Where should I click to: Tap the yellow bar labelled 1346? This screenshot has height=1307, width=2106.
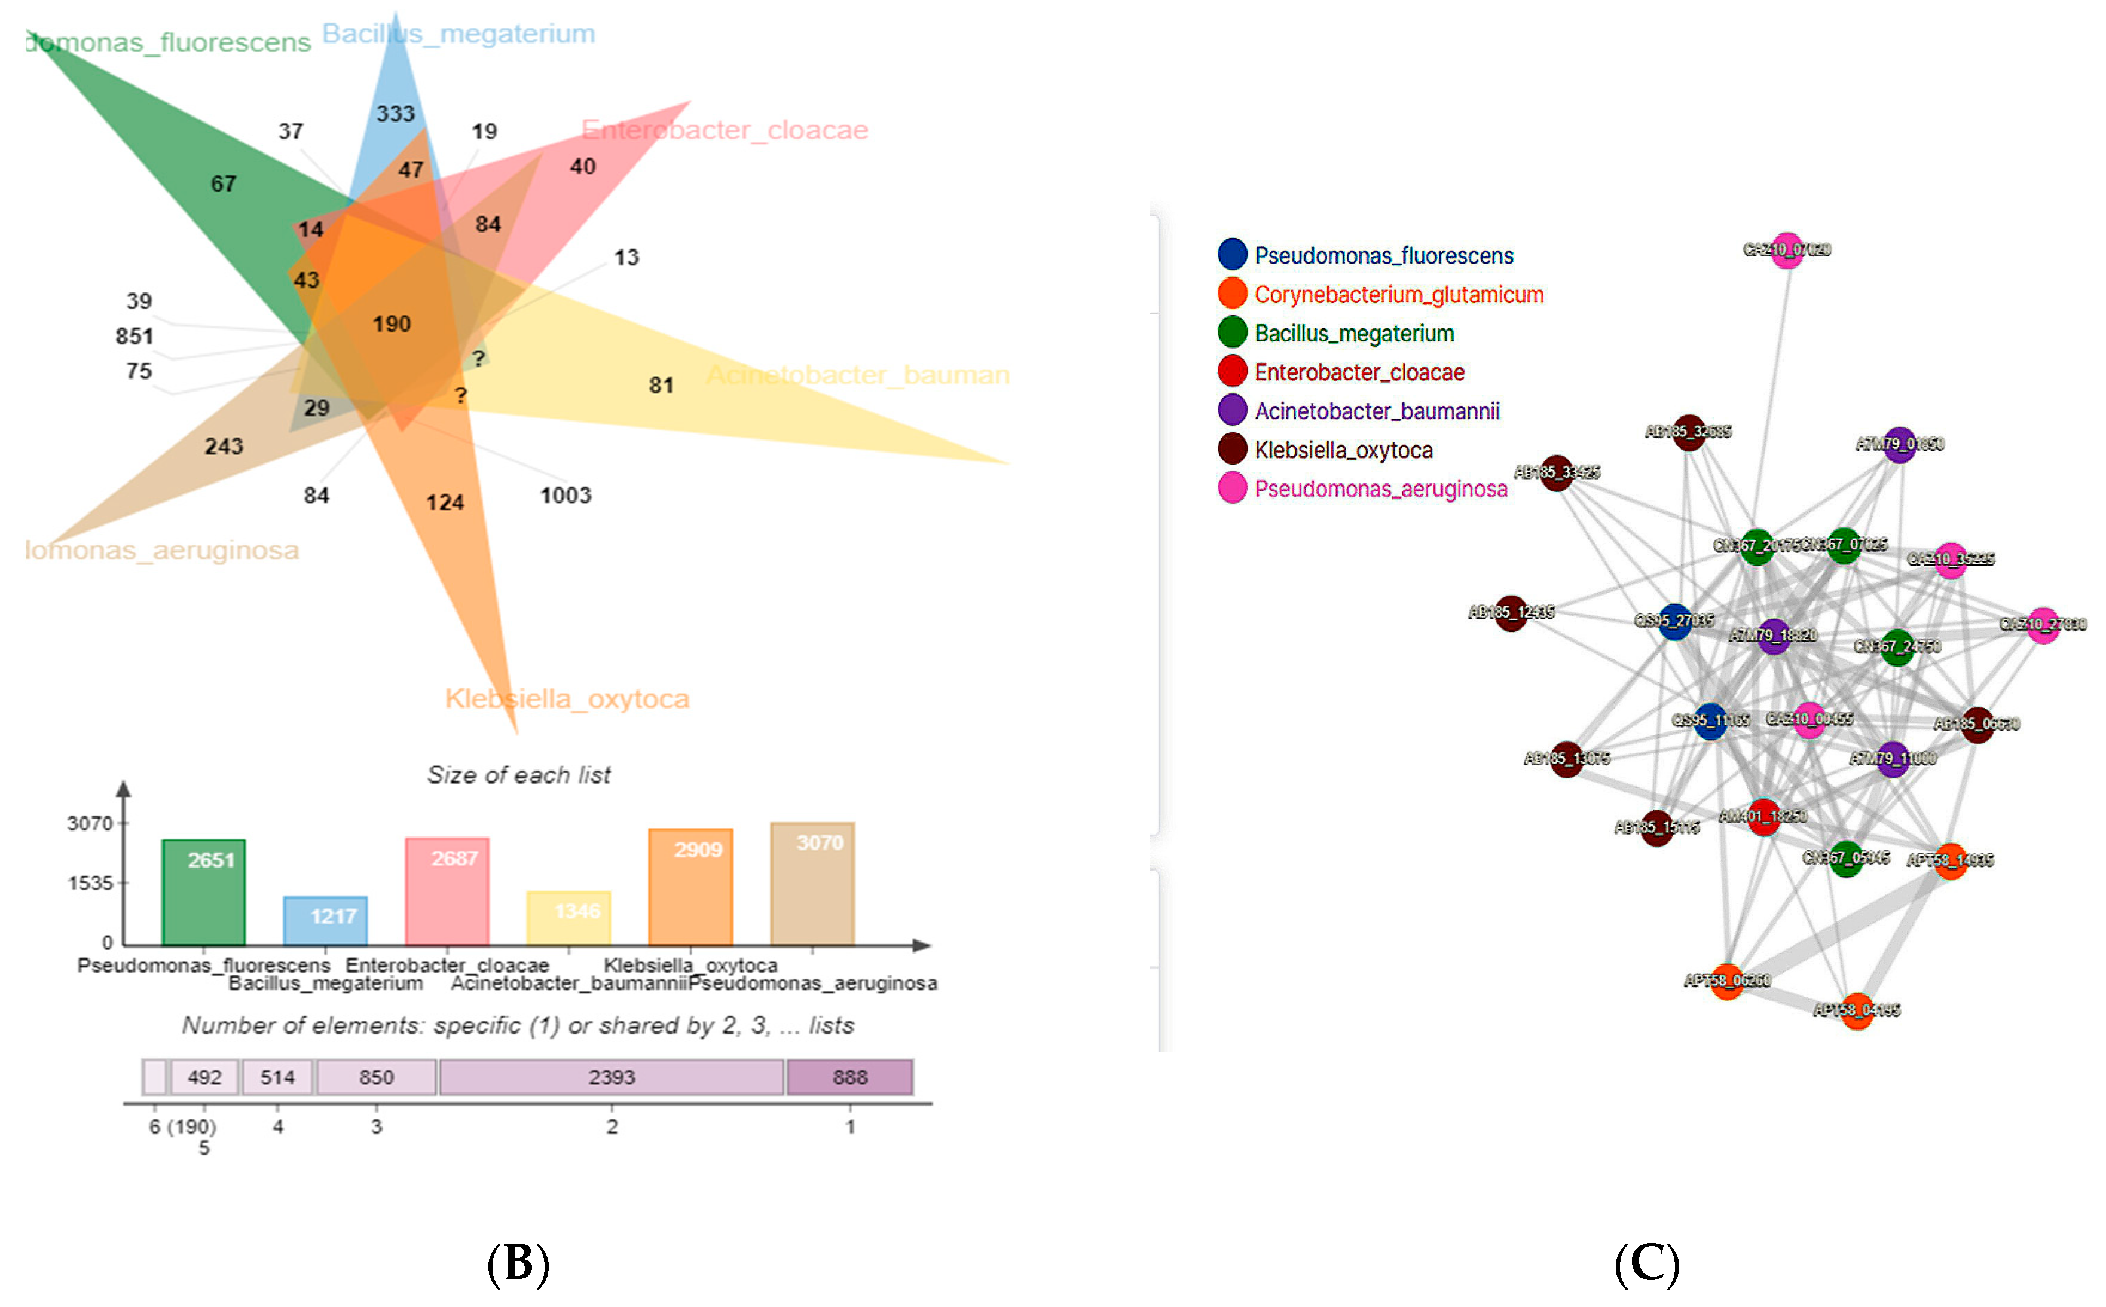(568, 917)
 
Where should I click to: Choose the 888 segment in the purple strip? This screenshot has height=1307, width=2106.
(849, 1077)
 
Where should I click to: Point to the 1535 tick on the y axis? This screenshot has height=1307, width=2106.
(91, 882)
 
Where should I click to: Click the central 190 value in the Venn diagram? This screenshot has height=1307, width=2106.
(392, 324)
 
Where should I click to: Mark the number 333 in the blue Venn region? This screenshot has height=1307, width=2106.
(395, 113)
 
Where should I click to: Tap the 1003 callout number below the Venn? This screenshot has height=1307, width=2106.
(565, 495)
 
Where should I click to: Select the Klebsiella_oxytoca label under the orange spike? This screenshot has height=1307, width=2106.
(567, 698)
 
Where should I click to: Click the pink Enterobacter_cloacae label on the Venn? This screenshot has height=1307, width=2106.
(724, 130)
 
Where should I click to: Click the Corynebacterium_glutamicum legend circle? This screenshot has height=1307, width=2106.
(1231, 294)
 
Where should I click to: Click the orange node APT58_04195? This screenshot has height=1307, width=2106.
(1856, 1010)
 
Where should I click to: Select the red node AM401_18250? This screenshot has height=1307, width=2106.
(1763, 816)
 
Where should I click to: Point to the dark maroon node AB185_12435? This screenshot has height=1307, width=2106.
(1510, 613)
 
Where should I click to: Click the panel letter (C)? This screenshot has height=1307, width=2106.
(1646, 1264)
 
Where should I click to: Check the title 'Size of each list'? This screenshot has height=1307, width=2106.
(518, 774)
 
